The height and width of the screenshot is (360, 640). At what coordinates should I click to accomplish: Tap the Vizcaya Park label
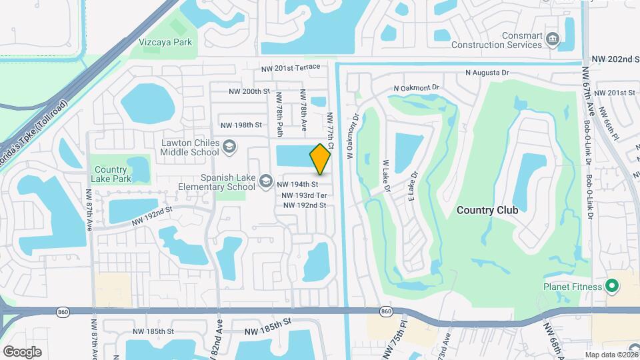point(165,42)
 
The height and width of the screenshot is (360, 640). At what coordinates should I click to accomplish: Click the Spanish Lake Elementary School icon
point(266,181)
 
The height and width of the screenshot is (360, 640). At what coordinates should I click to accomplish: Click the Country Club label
point(487,210)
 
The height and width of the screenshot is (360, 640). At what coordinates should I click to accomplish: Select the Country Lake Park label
point(111,175)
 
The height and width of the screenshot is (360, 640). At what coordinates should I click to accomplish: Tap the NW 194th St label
point(297,184)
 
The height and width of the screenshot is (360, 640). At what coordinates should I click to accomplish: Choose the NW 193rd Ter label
point(304,195)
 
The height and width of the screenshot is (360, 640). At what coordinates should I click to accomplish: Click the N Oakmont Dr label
point(417,87)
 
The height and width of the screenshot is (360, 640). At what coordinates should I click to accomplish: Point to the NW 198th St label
point(241,125)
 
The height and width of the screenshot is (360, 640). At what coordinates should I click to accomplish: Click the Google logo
point(22,351)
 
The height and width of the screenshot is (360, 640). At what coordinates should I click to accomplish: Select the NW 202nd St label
point(615,59)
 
